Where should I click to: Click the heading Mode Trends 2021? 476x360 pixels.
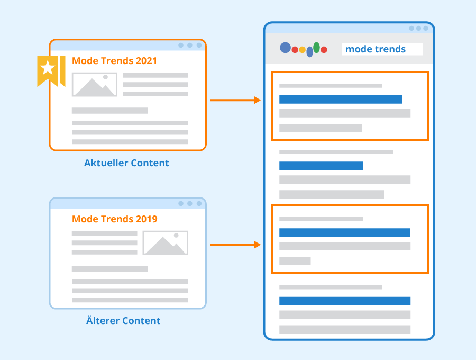(114, 61)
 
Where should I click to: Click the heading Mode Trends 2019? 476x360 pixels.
(115, 219)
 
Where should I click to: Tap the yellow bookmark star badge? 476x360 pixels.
(51, 71)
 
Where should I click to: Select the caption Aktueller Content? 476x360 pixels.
(126, 163)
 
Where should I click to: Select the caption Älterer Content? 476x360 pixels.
(123, 320)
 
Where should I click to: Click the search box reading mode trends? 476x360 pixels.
(382, 49)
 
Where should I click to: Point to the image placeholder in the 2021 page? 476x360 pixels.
(95, 85)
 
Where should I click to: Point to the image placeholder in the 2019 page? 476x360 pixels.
(166, 242)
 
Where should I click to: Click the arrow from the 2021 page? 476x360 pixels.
(235, 100)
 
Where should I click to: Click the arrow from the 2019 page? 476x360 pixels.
(235, 245)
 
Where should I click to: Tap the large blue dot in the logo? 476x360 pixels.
(286, 48)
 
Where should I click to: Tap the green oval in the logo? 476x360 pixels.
(316, 48)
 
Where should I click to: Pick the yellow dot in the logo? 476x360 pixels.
(303, 50)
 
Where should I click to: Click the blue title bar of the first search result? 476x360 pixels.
(341, 100)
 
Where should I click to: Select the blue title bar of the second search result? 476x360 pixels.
(321, 166)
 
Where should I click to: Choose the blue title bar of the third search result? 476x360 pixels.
(344, 232)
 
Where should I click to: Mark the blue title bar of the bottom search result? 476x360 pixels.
(345, 301)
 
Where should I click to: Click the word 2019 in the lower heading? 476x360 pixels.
(147, 219)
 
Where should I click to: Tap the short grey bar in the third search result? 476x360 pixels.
(295, 261)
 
